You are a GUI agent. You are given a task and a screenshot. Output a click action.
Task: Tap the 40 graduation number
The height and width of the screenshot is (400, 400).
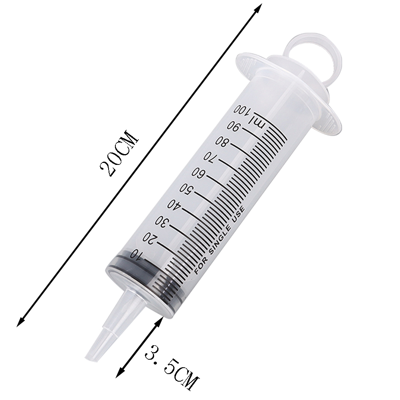[174, 205]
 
